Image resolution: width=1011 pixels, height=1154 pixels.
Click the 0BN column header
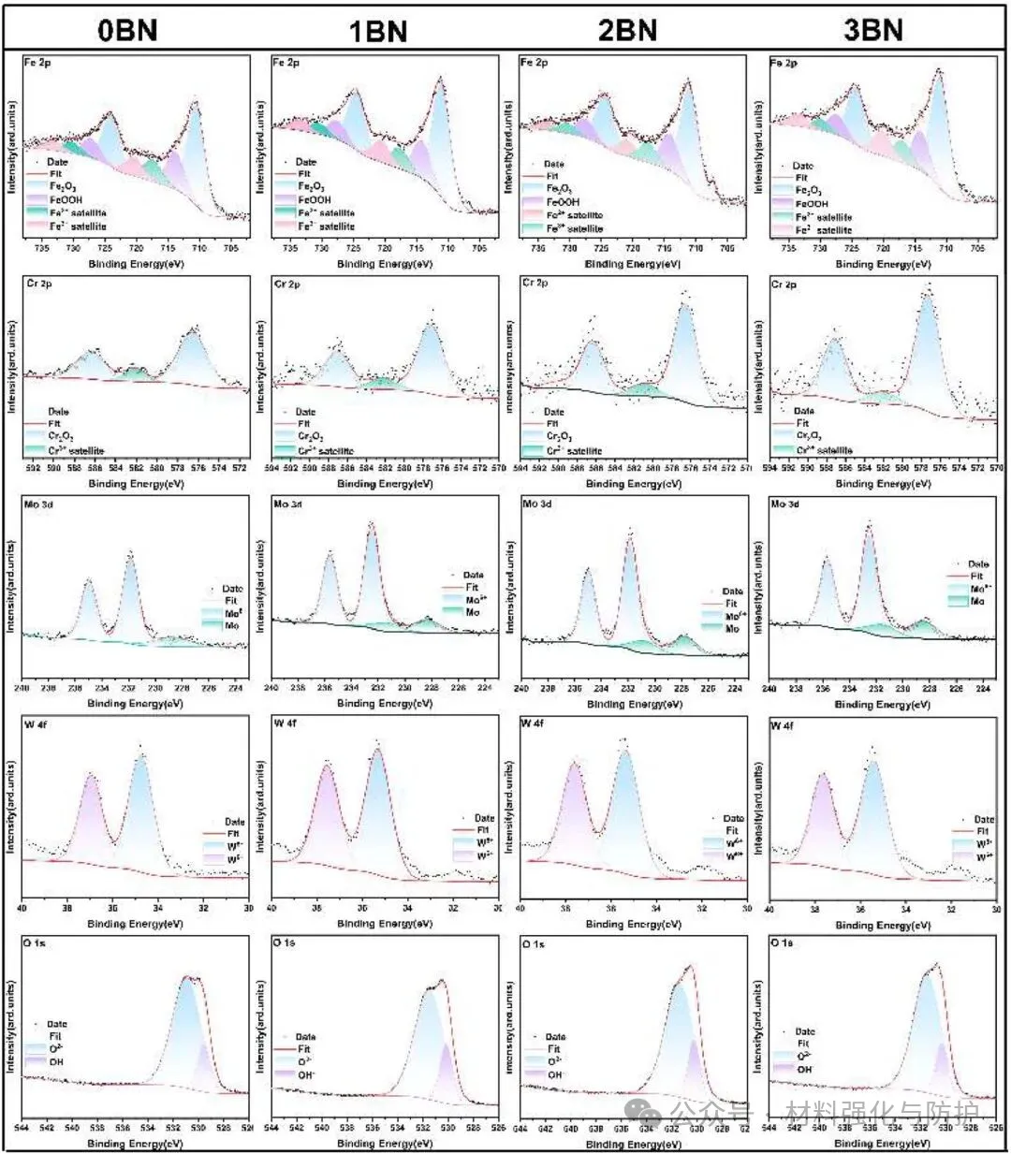tap(128, 30)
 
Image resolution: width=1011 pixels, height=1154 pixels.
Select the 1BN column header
tap(377, 30)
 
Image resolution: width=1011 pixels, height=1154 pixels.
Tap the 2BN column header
tap(627, 30)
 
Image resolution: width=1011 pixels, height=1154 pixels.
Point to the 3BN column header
tap(874, 30)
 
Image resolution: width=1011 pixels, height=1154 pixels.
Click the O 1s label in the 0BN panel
tap(36, 943)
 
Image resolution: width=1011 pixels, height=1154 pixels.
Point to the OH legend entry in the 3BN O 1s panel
tap(804, 1068)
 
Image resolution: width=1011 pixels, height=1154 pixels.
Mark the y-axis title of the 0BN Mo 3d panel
tap(11, 588)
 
